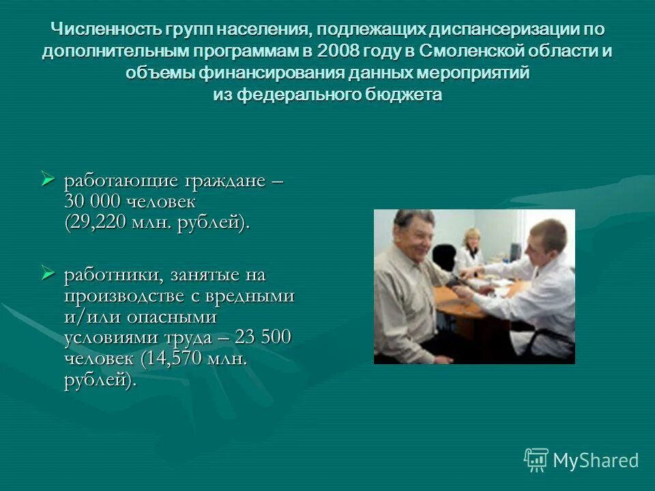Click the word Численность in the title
(103, 30)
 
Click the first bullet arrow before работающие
(47, 181)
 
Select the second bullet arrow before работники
(47, 274)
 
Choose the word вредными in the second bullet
(252, 296)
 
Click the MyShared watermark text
(596, 460)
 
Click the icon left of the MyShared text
(536, 460)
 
